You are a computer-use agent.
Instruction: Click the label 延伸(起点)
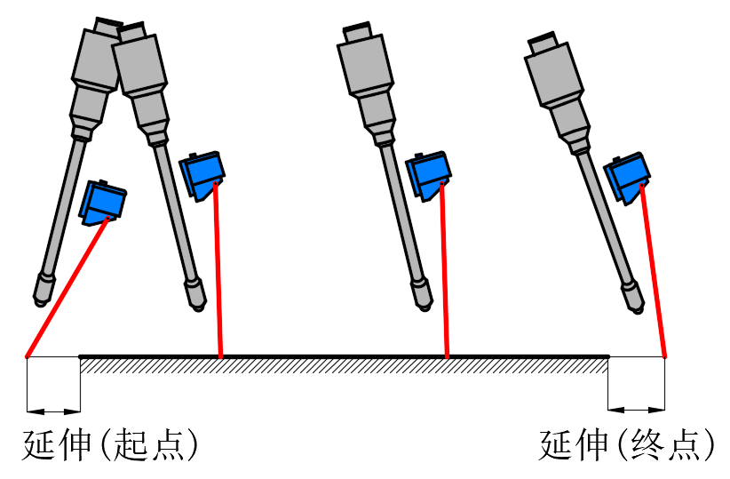click(x=109, y=445)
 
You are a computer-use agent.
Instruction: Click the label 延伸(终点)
click(x=627, y=445)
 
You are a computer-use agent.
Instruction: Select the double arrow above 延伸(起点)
click(x=54, y=410)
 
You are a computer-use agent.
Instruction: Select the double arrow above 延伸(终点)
click(x=637, y=410)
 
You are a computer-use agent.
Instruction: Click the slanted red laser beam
click(x=67, y=286)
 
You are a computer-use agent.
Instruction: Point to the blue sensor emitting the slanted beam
click(x=104, y=200)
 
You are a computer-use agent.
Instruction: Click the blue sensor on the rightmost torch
click(x=628, y=179)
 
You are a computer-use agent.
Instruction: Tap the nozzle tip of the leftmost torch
click(x=42, y=290)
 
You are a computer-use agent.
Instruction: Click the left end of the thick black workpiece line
click(x=82, y=357)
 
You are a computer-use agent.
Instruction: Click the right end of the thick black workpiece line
click(x=607, y=357)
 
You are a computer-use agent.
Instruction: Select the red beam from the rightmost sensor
click(x=653, y=271)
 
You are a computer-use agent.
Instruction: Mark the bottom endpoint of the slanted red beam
click(x=28, y=356)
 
